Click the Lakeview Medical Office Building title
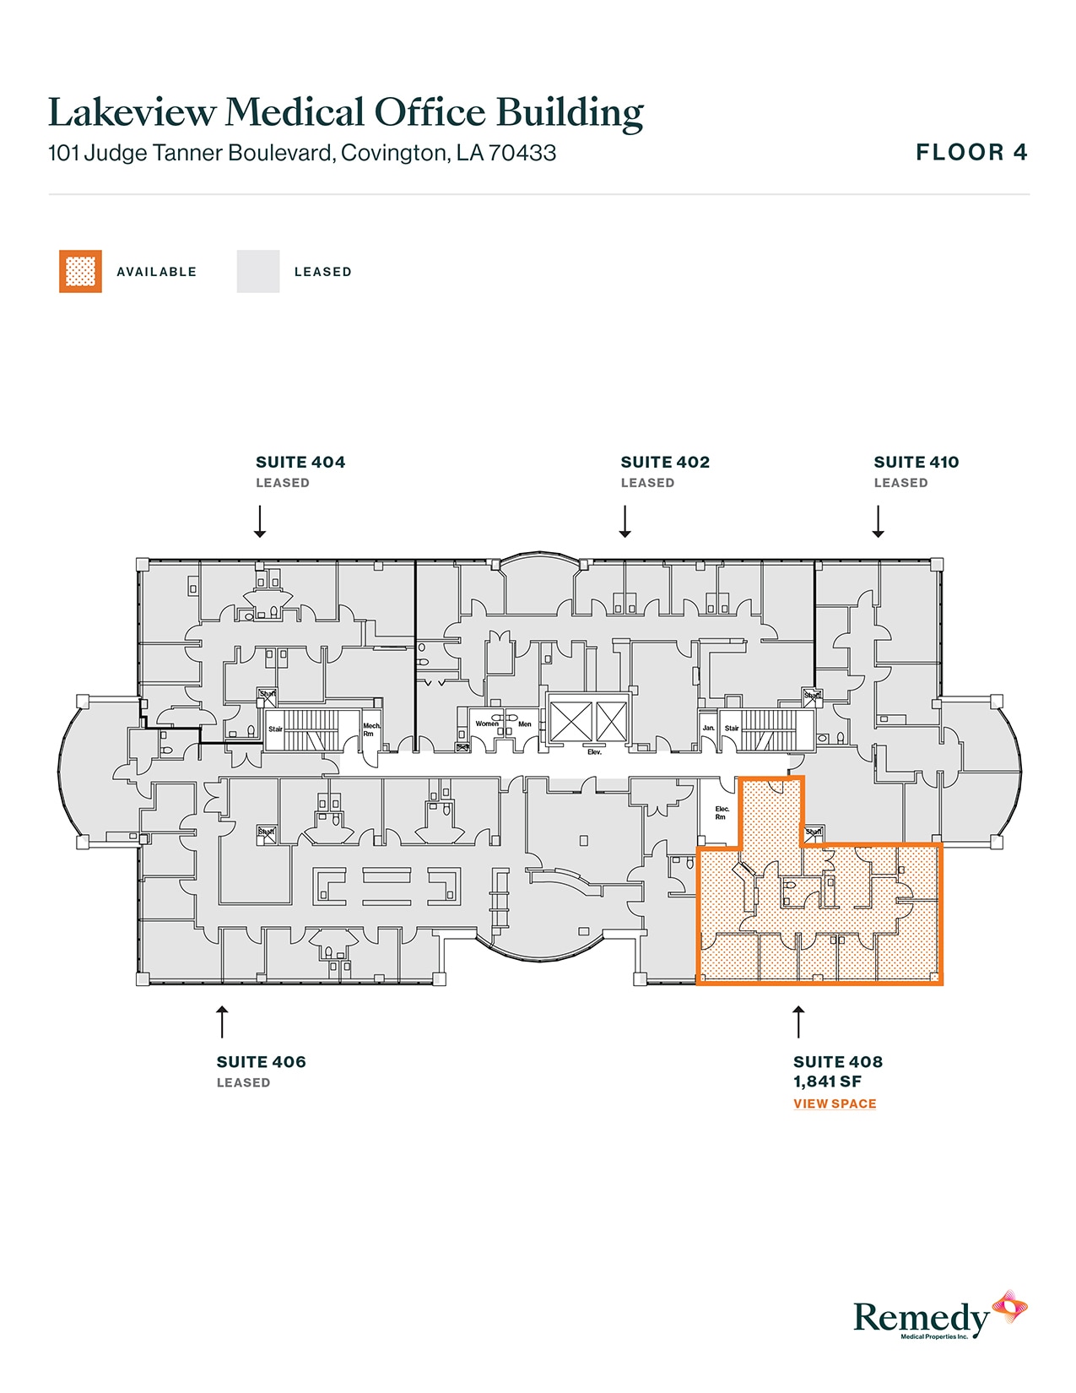[x=345, y=113]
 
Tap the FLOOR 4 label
[x=971, y=153]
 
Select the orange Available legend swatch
[x=80, y=272]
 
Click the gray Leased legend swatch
[x=258, y=272]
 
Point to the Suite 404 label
[x=300, y=463]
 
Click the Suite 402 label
[x=665, y=463]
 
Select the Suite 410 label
[x=916, y=463]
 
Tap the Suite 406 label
[x=261, y=1062]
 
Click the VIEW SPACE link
[x=835, y=1104]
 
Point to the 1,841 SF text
[x=827, y=1082]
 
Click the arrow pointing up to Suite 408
[x=798, y=1022]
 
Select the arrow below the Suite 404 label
[x=260, y=522]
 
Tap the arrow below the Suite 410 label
[x=878, y=522]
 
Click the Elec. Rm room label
[x=722, y=813]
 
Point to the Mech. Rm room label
[x=371, y=729]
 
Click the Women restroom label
[x=487, y=724]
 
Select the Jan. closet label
[x=709, y=728]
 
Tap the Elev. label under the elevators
[x=594, y=751]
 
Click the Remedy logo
[x=938, y=1316]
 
